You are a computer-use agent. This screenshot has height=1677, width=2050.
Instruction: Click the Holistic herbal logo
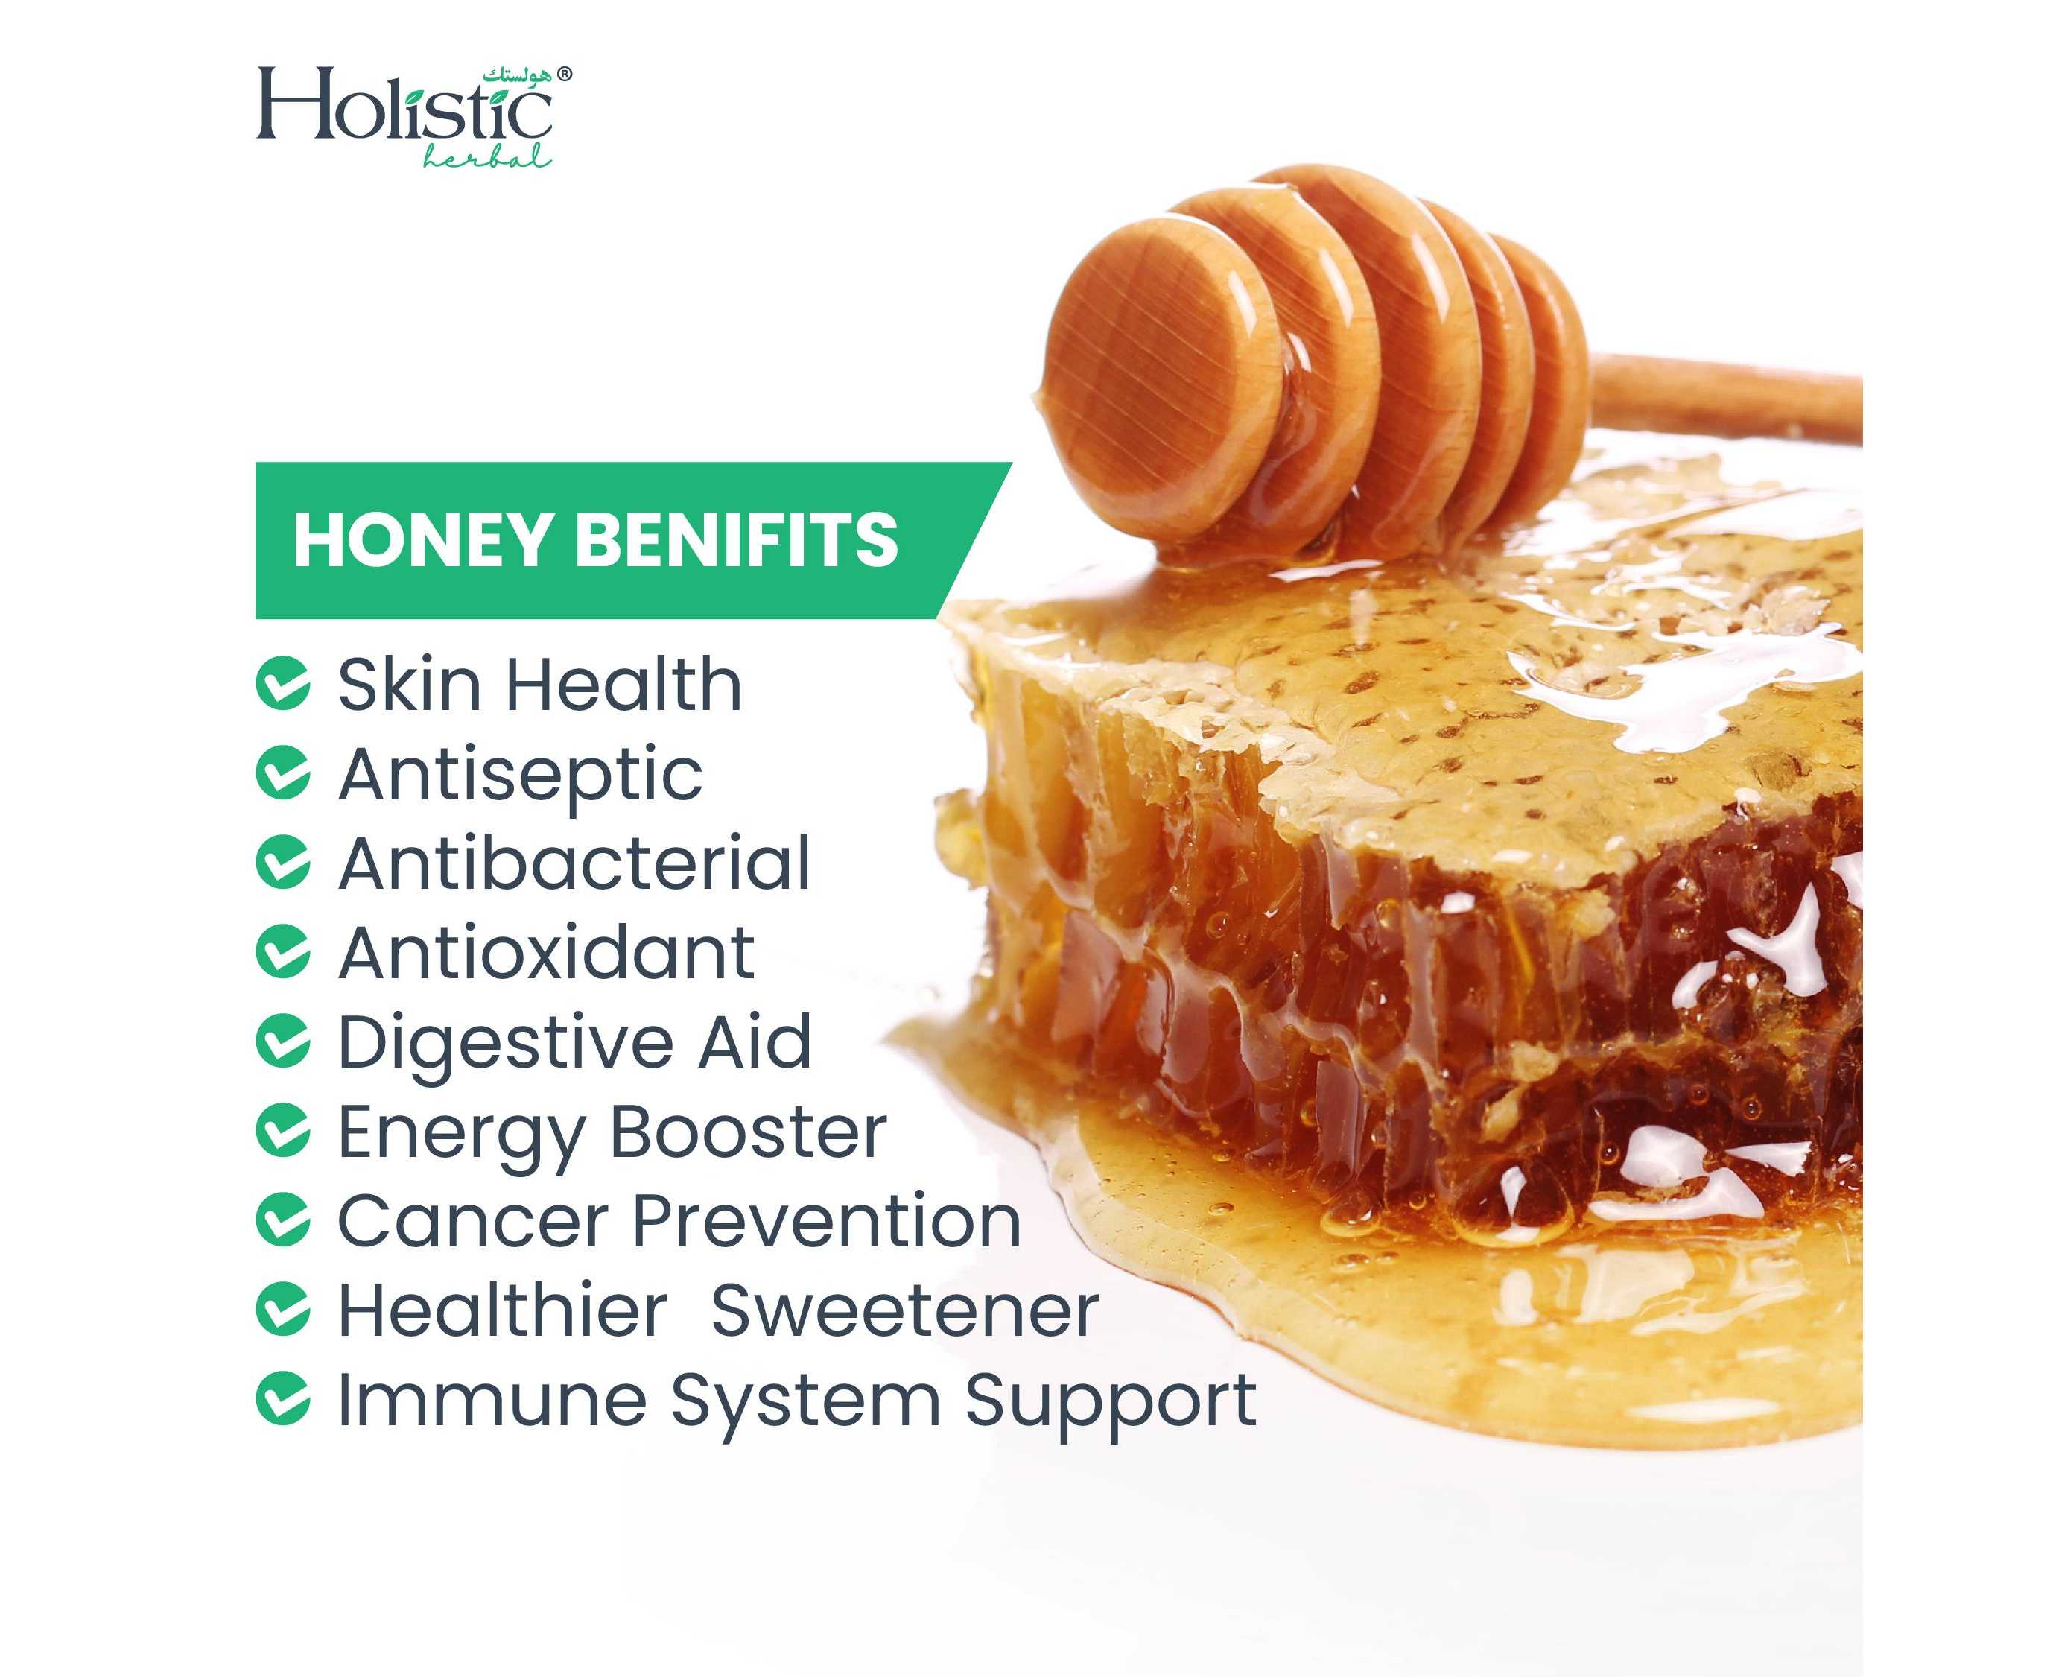point(413,117)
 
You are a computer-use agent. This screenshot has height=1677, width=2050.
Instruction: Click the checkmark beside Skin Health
point(283,683)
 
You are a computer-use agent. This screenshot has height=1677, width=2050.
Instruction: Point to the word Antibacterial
point(574,862)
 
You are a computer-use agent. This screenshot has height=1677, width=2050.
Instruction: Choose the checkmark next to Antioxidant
point(283,951)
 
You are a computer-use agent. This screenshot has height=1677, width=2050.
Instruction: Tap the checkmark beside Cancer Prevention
point(283,1220)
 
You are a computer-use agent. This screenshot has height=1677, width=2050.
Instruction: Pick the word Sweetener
point(904,1311)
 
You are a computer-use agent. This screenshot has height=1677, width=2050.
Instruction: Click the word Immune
point(492,1400)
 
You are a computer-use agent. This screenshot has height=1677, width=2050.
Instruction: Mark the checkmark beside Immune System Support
point(283,1400)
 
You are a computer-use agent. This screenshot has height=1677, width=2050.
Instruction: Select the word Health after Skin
point(625,683)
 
